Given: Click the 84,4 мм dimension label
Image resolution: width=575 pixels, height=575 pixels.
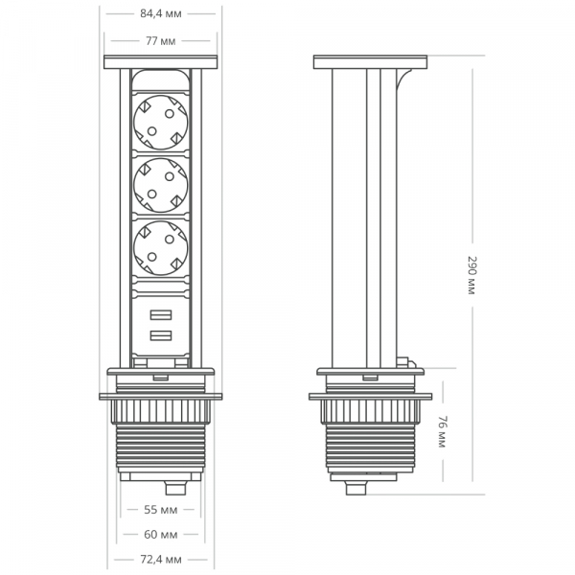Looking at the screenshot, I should (161, 14).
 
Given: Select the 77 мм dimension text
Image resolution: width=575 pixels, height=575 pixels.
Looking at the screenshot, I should (161, 41).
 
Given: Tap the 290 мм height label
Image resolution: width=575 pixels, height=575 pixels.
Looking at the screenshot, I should (471, 275).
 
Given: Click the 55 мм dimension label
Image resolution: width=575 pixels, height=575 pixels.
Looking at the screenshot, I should (161, 510).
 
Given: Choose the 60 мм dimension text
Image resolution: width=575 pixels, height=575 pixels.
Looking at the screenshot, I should (161, 534).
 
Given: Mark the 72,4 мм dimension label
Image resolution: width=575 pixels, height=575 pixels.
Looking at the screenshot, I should (161, 559).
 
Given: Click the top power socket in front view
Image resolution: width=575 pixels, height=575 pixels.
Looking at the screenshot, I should (160, 115).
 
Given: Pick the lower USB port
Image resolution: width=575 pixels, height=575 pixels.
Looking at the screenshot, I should (160, 335).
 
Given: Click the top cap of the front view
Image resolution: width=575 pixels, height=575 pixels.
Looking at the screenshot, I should (161, 63).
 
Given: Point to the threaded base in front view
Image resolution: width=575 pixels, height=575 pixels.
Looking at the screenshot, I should (161, 447).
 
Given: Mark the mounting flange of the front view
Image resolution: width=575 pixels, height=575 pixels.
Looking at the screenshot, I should (161, 395).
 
